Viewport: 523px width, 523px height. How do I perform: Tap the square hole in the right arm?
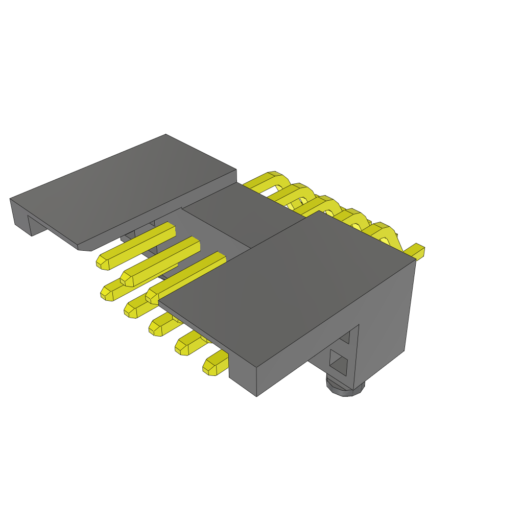(339, 363)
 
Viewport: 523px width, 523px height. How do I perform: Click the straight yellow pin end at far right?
(416, 251)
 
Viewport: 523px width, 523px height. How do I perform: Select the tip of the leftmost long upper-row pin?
(103, 262)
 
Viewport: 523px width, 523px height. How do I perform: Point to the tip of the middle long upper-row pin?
(127, 279)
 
